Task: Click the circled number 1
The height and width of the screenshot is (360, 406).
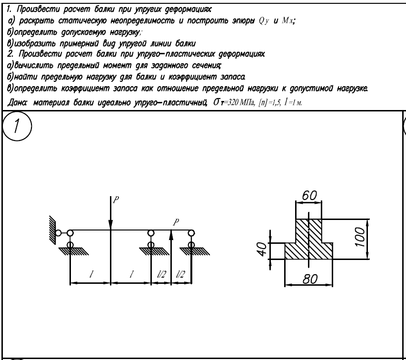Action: [x=17, y=126]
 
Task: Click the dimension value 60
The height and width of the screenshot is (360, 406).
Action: [x=309, y=195]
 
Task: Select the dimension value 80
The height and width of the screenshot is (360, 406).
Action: [x=310, y=279]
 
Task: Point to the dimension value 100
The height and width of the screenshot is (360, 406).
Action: [x=360, y=237]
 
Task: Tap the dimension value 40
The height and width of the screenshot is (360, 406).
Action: [x=262, y=249]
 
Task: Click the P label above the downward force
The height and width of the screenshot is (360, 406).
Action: [x=116, y=200]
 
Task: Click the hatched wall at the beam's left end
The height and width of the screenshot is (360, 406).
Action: [x=52, y=229]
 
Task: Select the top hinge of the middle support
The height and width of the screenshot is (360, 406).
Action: [x=151, y=233]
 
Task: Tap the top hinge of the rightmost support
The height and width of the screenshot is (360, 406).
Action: [x=191, y=233]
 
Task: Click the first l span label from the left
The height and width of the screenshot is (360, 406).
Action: [x=91, y=274]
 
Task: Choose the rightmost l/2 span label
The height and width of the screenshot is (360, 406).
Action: [x=180, y=274]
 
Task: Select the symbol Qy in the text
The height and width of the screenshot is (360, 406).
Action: [x=264, y=21]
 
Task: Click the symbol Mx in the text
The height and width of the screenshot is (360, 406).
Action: [x=287, y=20]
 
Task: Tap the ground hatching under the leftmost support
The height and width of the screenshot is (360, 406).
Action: [x=73, y=251]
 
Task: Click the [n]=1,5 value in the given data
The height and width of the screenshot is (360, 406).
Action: [x=269, y=103]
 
